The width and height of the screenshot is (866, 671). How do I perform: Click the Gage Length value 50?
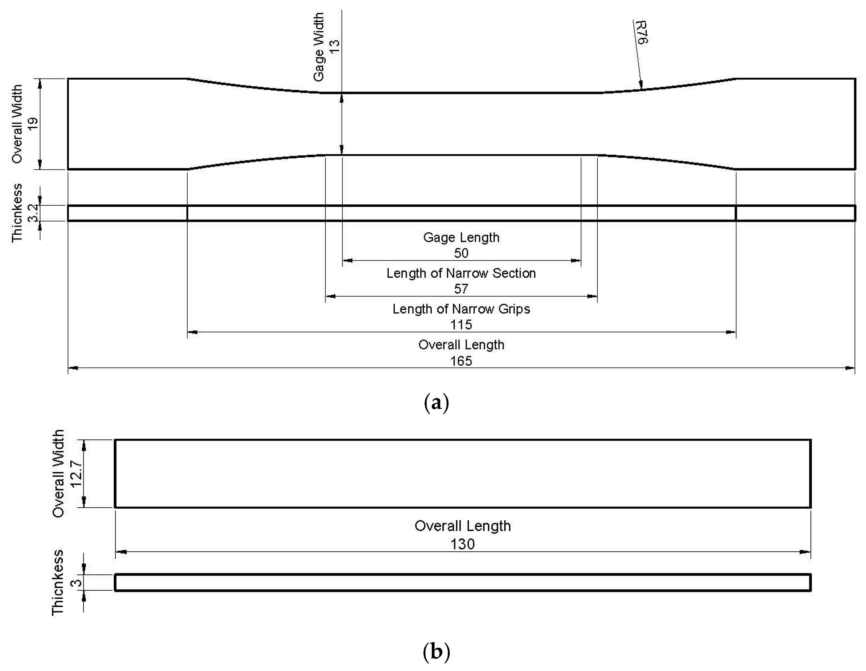[x=461, y=253]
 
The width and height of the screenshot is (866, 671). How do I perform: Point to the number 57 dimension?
[x=461, y=289]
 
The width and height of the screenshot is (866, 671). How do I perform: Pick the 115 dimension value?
[x=461, y=325]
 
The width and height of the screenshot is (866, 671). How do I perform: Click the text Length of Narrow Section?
[x=461, y=273]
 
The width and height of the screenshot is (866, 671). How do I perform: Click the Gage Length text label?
[x=461, y=237]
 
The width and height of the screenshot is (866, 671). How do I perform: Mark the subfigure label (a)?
[x=436, y=403]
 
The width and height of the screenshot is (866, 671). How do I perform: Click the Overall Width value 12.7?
[x=76, y=474]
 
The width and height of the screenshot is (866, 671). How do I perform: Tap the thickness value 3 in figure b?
[x=77, y=583]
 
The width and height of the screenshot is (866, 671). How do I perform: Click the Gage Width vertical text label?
[x=319, y=47]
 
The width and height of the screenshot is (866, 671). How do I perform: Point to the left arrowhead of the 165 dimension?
[x=72, y=368]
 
